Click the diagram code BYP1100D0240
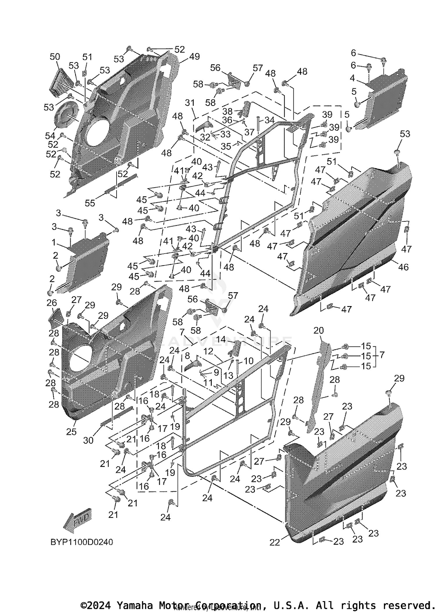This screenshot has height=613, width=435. pos(82,542)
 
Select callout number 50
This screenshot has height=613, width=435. pos(55,57)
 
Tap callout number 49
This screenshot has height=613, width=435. pos(194,57)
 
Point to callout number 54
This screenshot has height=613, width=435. pos(50,135)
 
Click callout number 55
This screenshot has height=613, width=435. pos(90,203)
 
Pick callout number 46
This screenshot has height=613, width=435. pos(403,267)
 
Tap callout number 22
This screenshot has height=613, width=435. pos(275,542)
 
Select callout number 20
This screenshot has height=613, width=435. pos(318,330)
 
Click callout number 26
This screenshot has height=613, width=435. pos(52,303)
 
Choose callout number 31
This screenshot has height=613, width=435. pos(190,103)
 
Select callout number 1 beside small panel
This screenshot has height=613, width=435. pos(54,242)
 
